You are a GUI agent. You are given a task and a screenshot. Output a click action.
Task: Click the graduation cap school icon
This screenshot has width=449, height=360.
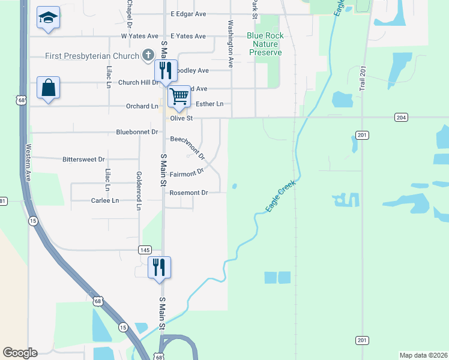47,17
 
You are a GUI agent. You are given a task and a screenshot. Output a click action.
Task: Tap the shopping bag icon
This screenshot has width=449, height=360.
48,88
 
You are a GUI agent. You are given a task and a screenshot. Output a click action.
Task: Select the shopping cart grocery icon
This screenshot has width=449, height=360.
179,95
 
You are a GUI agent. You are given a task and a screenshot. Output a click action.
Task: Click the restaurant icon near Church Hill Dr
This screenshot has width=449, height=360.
166,70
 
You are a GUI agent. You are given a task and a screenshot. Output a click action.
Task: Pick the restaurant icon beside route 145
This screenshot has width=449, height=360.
160,266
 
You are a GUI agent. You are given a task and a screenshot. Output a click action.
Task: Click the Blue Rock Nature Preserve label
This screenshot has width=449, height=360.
265,44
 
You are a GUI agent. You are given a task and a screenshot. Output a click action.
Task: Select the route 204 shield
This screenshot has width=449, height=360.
401,118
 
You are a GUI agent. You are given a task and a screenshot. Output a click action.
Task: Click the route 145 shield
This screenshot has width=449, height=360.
144,250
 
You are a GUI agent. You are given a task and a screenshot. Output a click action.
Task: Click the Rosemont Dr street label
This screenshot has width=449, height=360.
188,193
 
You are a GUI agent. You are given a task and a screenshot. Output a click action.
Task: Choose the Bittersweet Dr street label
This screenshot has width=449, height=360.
83,160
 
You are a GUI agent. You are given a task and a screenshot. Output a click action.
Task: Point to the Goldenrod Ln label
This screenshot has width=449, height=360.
139,191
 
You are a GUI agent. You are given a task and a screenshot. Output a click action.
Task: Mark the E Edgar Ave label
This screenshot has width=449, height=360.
188,13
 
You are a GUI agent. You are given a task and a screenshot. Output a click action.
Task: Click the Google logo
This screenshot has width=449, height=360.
20,353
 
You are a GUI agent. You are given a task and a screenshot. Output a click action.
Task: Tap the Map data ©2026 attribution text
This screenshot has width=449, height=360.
423,355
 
